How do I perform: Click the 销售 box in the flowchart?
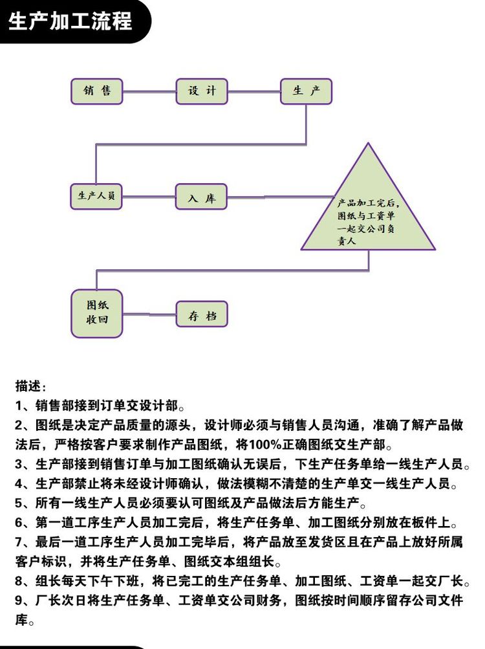point(97,91)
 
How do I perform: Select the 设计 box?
point(202,91)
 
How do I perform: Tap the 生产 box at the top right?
point(307,91)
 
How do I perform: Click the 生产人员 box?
point(96,196)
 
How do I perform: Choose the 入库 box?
point(202,197)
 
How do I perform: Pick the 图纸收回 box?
point(97,313)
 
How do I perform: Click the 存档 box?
point(202,314)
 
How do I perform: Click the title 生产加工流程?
point(70,21)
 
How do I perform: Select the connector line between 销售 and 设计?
point(149,91)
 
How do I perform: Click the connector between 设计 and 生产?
point(254,91)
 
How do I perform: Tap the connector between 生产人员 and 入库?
point(149,197)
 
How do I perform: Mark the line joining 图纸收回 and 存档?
point(149,314)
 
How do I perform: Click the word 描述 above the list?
point(28,386)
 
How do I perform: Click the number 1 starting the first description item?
point(19,406)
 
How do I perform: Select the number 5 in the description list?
point(19,503)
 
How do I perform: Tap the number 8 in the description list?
point(19,581)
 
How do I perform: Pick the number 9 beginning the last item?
point(19,600)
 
